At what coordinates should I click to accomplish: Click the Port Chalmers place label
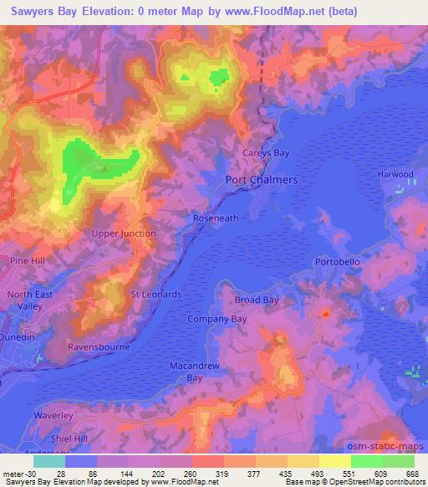tap(262, 180)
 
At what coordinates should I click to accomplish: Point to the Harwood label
tap(395, 174)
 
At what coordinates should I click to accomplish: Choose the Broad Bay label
tap(256, 300)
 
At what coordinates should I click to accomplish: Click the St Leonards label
tap(155, 295)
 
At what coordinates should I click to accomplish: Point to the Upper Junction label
tap(124, 233)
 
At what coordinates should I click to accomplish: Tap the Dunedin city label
tap(18, 336)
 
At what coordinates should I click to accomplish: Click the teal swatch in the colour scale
tap(49, 461)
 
